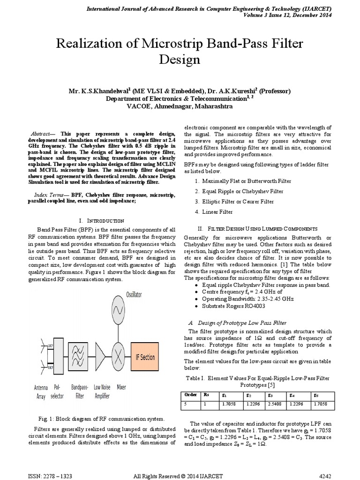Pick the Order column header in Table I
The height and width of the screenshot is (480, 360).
191,395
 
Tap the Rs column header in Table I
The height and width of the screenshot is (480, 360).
207,395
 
